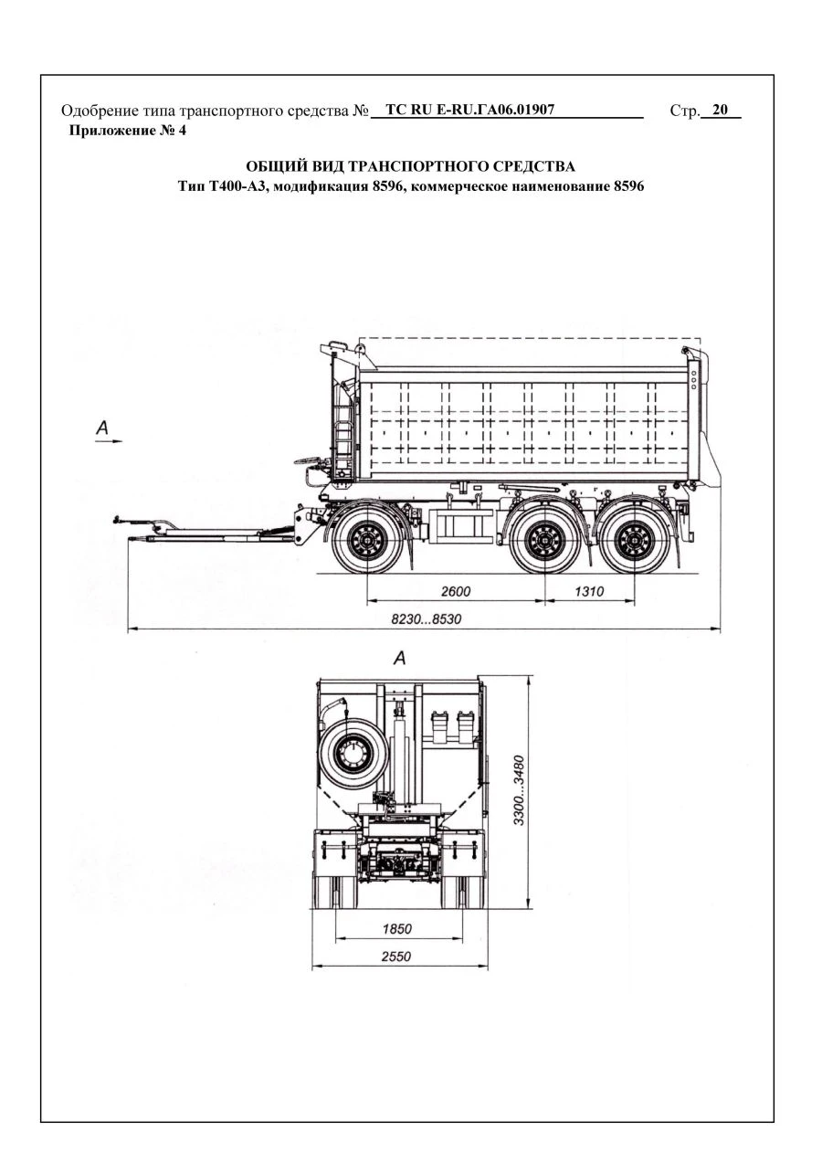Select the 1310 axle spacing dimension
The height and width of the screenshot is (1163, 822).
click(589, 591)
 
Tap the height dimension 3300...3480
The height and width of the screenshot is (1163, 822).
click(518, 789)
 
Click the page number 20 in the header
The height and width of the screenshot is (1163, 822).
click(720, 111)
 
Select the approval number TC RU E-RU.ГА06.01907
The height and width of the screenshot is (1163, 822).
click(470, 111)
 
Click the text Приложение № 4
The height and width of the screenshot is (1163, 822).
click(128, 131)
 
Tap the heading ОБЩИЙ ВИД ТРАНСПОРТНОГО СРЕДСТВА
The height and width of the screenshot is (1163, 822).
click(411, 166)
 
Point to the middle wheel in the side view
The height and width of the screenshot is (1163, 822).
click(544, 541)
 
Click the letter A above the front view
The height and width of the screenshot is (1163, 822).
click(398, 657)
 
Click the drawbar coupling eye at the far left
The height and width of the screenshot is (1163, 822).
click(118, 521)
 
